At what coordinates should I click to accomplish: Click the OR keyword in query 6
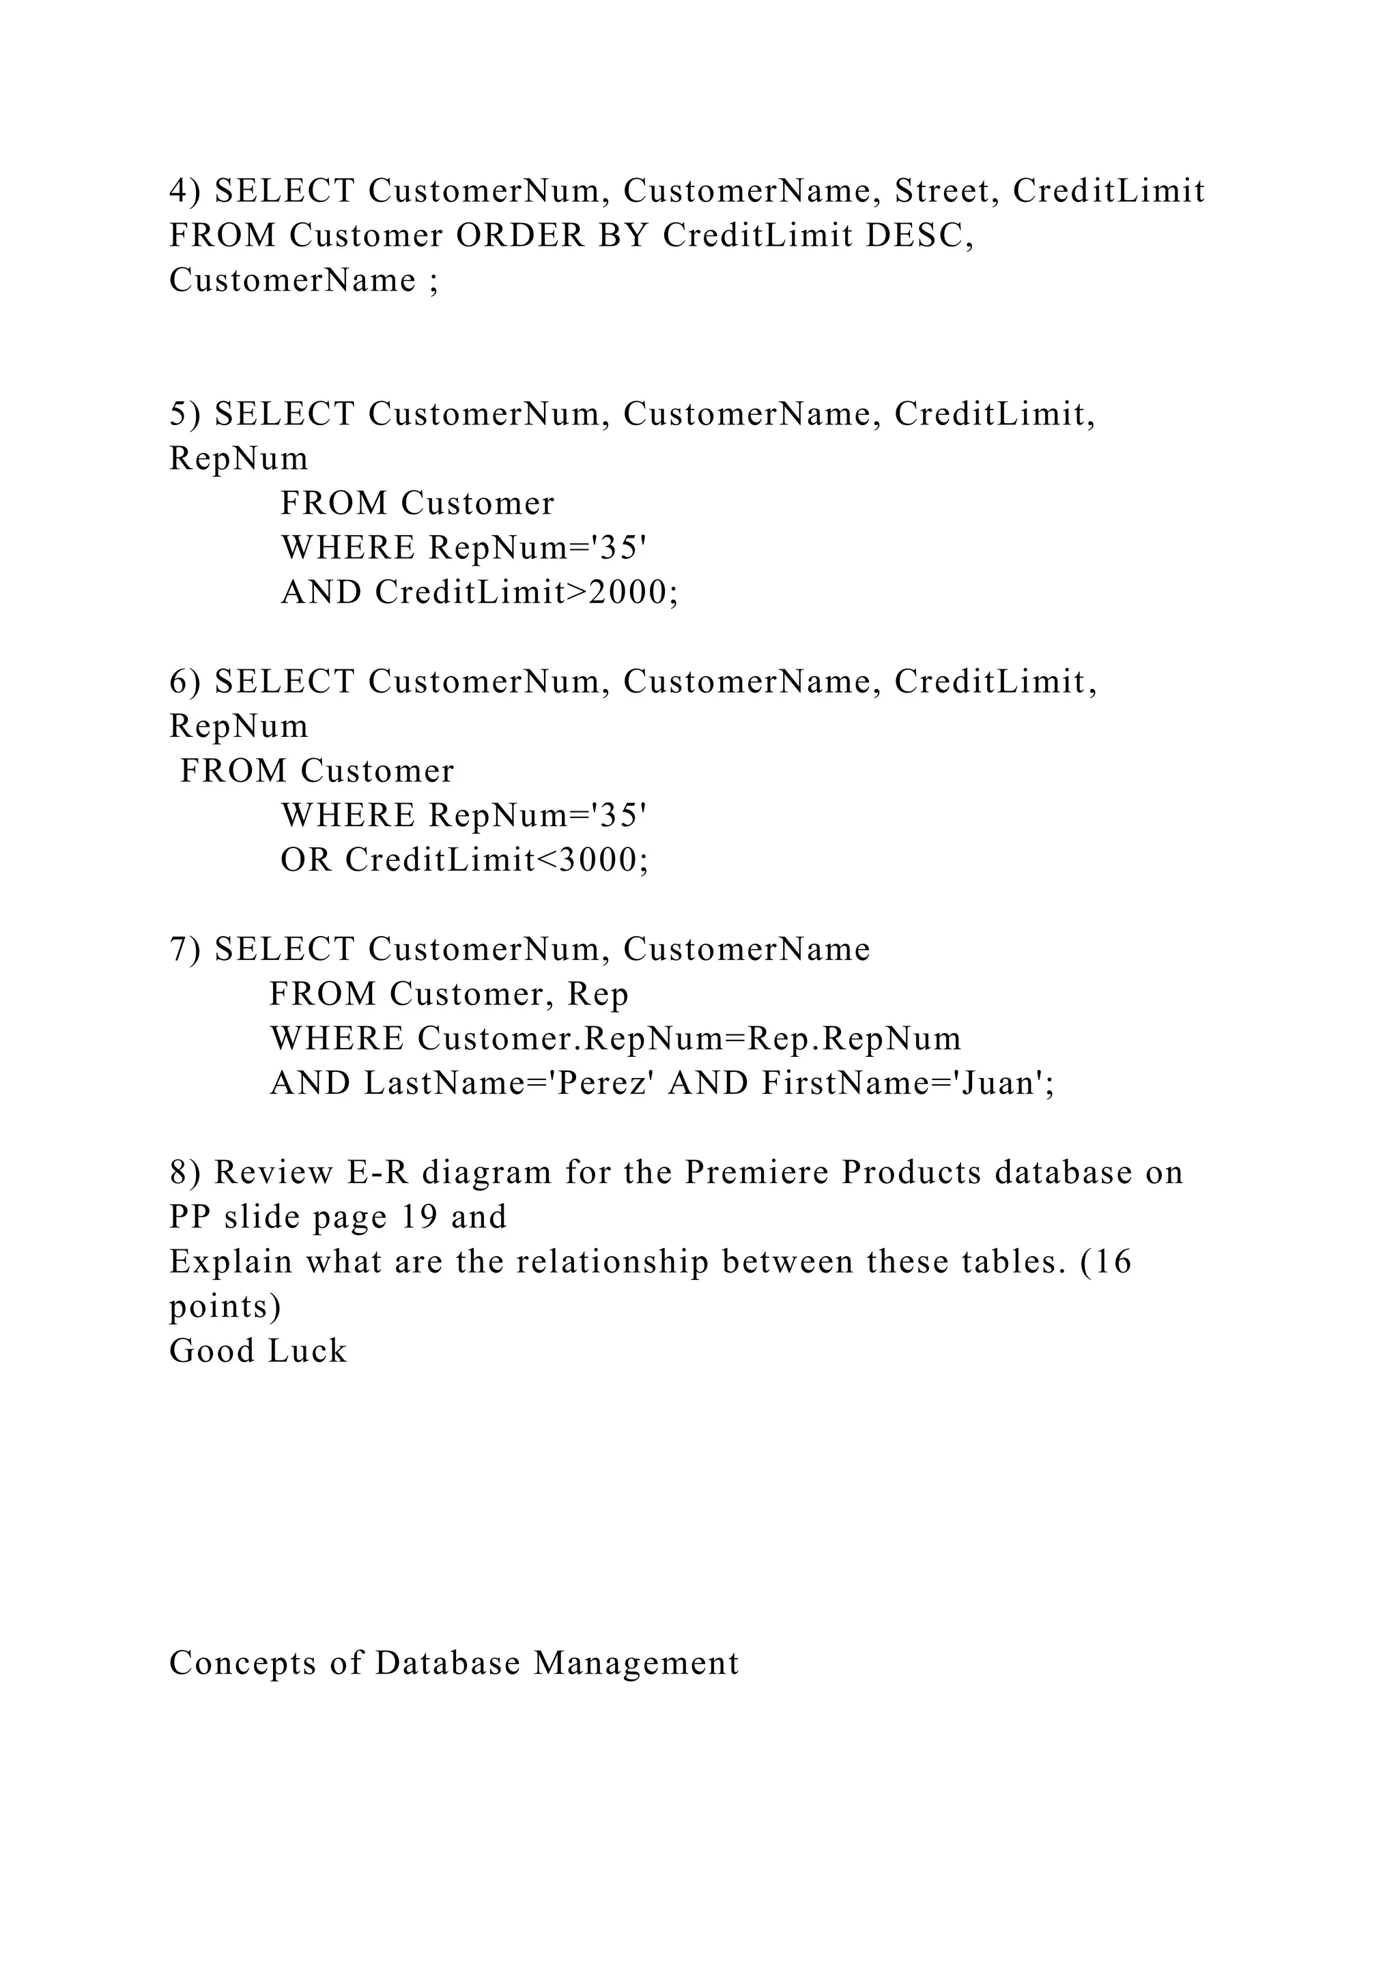click(306, 860)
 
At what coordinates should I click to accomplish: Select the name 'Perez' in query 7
click(597, 1083)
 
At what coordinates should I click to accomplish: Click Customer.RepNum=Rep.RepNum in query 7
click(689, 1038)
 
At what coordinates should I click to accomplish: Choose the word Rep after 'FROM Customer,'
click(598, 994)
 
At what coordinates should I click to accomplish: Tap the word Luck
click(306, 1351)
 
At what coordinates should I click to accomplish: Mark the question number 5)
click(184, 415)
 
